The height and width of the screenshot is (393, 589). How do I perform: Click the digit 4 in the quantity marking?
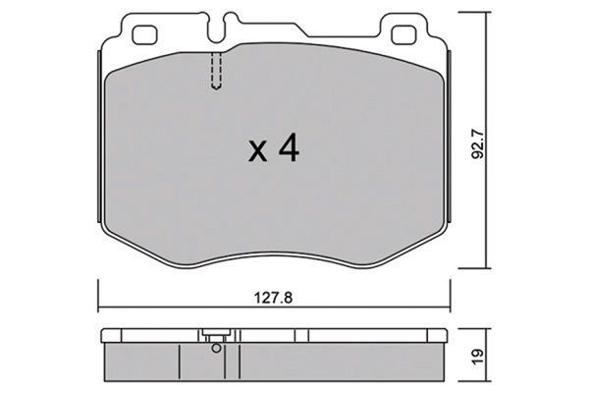pyautogui.click(x=288, y=148)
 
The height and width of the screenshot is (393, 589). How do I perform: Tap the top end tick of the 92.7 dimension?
pyautogui.click(x=488, y=12)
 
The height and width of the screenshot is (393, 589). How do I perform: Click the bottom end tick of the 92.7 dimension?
pyautogui.click(x=488, y=266)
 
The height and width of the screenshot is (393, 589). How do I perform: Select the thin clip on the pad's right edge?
pyautogui.click(x=449, y=138)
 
